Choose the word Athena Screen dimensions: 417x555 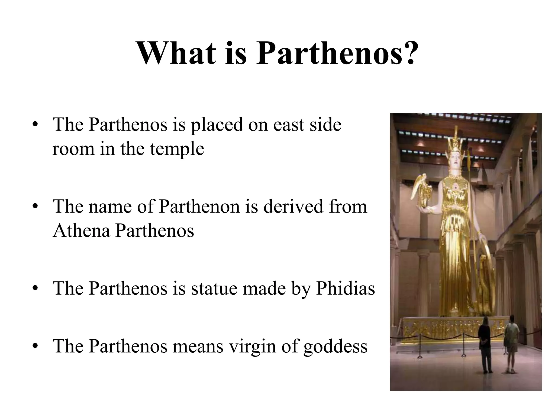click(x=81, y=231)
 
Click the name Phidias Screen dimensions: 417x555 click(x=346, y=289)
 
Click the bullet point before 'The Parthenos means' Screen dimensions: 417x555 click(x=34, y=347)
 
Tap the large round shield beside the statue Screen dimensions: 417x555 click(x=486, y=271)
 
